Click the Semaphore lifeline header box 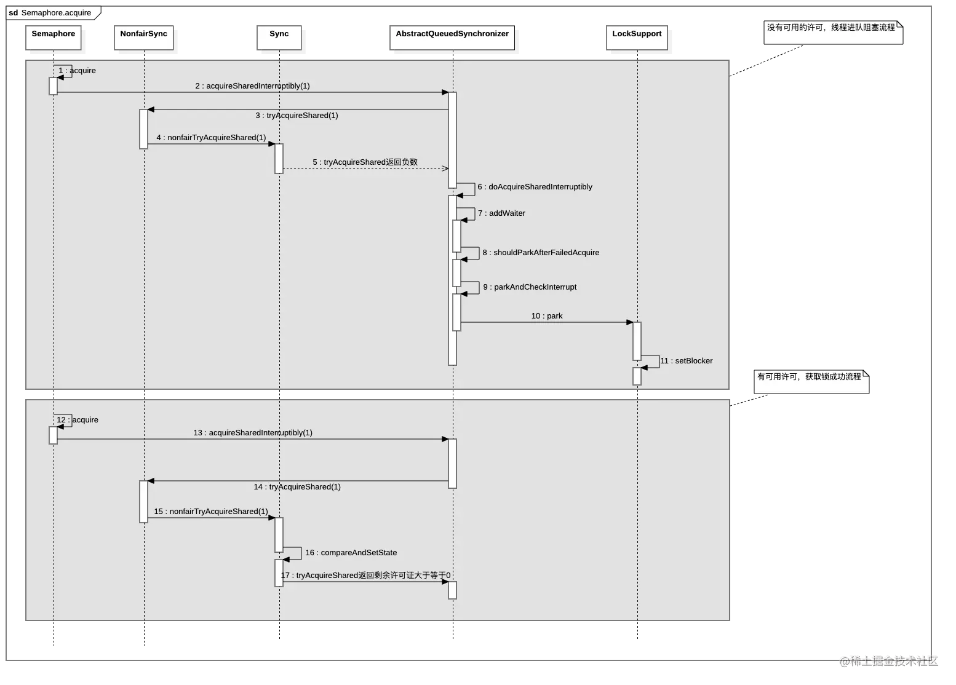pyautogui.click(x=54, y=37)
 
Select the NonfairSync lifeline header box pyautogui.click(x=143, y=37)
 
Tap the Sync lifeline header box pyautogui.click(x=279, y=37)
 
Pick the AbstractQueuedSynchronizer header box pyautogui.click(x=452, y=37)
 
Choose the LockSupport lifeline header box pyautogui.click(x=637, y=37)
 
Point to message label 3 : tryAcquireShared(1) pyautogui.click(x=297, y=116)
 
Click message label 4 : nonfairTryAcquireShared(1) pyautogui.click(x=211, y=138)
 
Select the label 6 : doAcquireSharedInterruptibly pyautogui.click(x=535, y=187)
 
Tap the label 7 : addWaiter pyautogui.click(x=501, y=213)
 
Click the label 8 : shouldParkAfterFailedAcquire pyautogui.click(x=541, y=253)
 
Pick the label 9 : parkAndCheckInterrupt pyautogui.click(x=530, y=287)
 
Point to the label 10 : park pyautogui.click(x=547, y=316)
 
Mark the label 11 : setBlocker pyautogui.click(x=687, y=361)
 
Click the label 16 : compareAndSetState pyautogui.click(x=351, y=553)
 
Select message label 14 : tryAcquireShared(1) pyautogui.click(x=297, y=487)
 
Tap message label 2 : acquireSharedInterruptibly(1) pyautogui.click(x=252, y=86)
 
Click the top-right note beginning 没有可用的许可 pyautogui.click(x=832, y=31)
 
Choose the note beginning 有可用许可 pyautogui.click(x=810, y=381)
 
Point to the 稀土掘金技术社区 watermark pyautogui.click(x=888, y=661)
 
